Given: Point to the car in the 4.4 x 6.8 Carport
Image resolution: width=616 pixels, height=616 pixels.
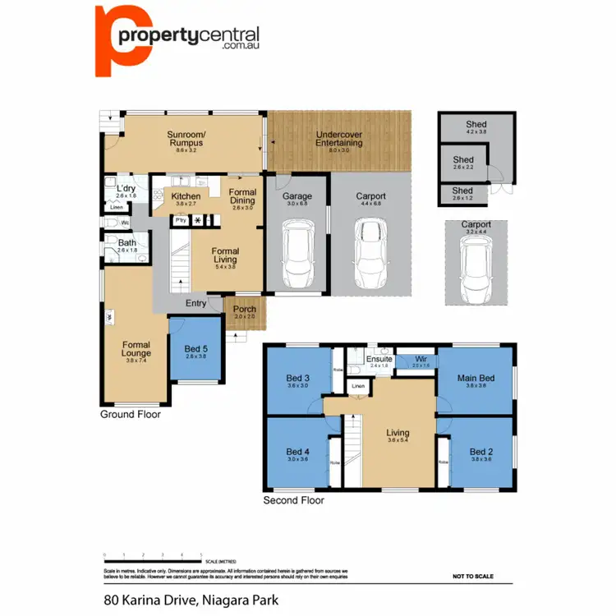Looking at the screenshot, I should point(370,255).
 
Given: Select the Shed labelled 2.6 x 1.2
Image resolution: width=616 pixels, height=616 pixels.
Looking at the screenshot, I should point(463,192).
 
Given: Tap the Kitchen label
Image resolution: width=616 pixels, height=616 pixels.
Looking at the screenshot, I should point(186,198).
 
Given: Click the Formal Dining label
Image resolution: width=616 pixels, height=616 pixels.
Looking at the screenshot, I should point(242,196).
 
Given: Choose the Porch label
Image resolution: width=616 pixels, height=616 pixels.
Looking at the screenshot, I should point(244,311).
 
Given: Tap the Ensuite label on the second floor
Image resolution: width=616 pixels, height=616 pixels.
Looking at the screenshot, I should point(379,360).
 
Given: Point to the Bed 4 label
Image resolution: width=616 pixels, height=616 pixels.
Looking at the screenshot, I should point(297,453).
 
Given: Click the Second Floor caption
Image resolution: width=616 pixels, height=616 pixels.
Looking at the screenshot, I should point(293,500).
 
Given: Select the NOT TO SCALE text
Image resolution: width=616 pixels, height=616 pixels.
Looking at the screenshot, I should point(473,577).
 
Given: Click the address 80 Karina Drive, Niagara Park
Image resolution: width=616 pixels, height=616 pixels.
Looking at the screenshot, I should point(191,600).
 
